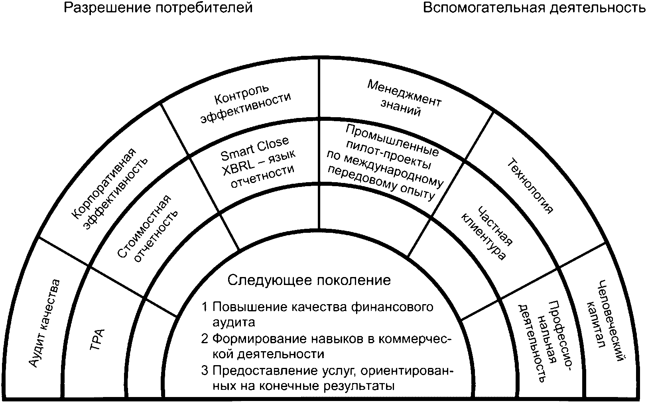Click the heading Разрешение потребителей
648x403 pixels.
[158, 8]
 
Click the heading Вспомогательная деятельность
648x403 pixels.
[534, 8]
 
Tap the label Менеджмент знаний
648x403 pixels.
[403, 98]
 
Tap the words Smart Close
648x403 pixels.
[255, 149]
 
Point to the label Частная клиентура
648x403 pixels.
[486, 233]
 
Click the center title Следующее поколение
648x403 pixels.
[309, 280]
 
